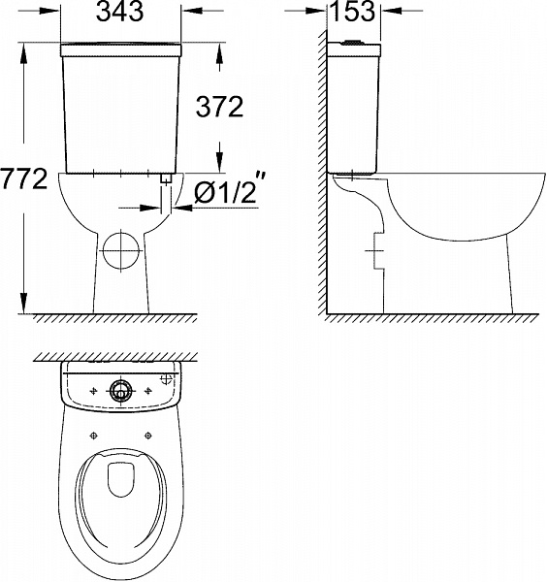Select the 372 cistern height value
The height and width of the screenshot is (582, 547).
[220, 108]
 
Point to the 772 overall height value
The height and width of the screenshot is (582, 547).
[24, 180]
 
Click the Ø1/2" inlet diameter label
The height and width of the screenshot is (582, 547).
[224, 194]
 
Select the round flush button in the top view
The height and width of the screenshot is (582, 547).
[121, 390]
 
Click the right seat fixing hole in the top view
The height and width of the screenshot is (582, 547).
[151, 435]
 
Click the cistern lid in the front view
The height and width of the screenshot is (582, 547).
[119, 47]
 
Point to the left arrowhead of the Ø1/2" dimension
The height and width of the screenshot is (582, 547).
[158, 207]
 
